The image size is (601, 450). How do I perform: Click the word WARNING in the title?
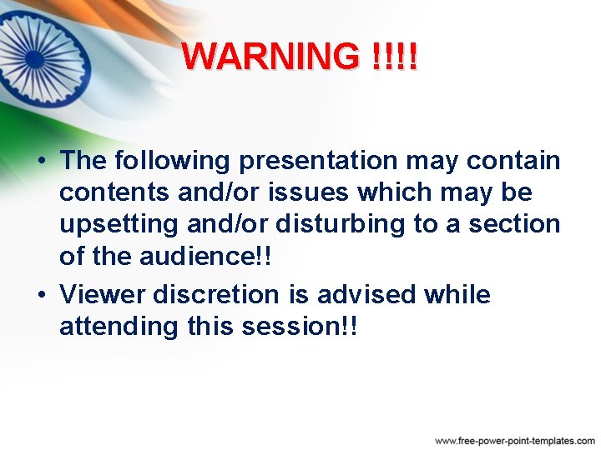pos(269,57)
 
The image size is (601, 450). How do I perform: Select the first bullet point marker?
pos(40,160)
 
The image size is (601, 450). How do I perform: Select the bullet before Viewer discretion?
pos(40,295)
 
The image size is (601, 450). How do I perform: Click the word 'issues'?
pos(310,192)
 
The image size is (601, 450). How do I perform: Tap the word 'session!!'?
pos(298,327)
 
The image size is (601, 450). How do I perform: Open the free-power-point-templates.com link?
pos(514,440)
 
